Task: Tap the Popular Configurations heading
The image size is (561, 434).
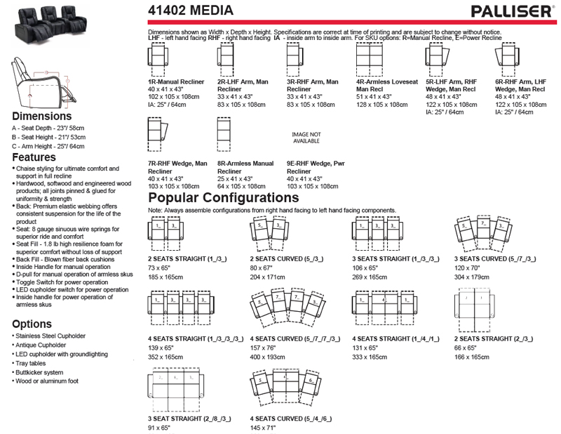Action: pos(224,198)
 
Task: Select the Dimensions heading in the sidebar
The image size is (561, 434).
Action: pos(41,116)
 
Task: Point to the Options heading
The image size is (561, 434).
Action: pos(32,324)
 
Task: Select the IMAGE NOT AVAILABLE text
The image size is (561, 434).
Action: pos(306,137)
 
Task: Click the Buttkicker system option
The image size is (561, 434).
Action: pos(39,372)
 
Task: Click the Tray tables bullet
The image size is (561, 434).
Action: pos(32,363)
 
